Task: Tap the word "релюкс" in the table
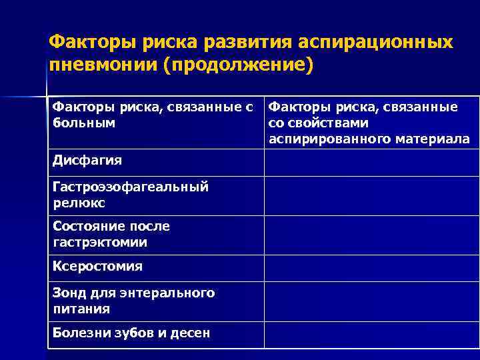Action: tap(79, 203)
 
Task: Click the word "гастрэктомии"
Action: tap(99, 242)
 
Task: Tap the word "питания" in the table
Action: tap(81, 309)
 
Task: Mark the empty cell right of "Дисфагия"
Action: tap(371, 163)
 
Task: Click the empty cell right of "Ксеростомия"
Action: tap(371, 268)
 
